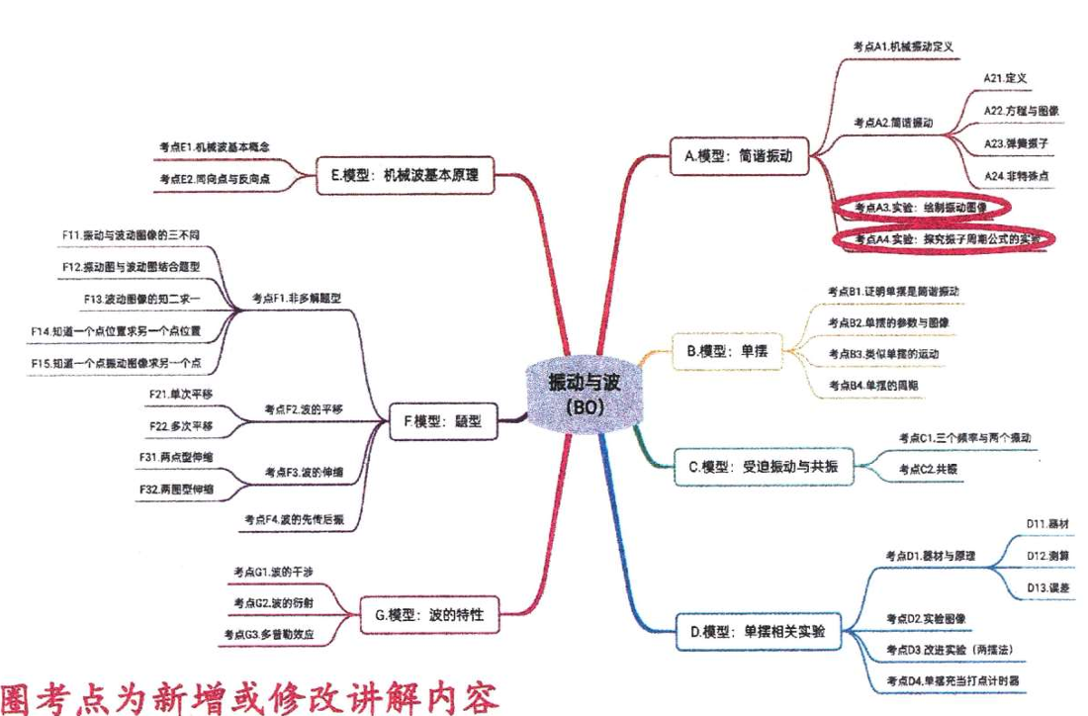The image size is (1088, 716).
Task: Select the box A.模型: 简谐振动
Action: [x=739, y=155]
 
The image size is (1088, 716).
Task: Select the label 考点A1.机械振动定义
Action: [x=901, y=45]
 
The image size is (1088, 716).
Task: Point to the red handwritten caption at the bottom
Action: [x=252, y=692]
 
